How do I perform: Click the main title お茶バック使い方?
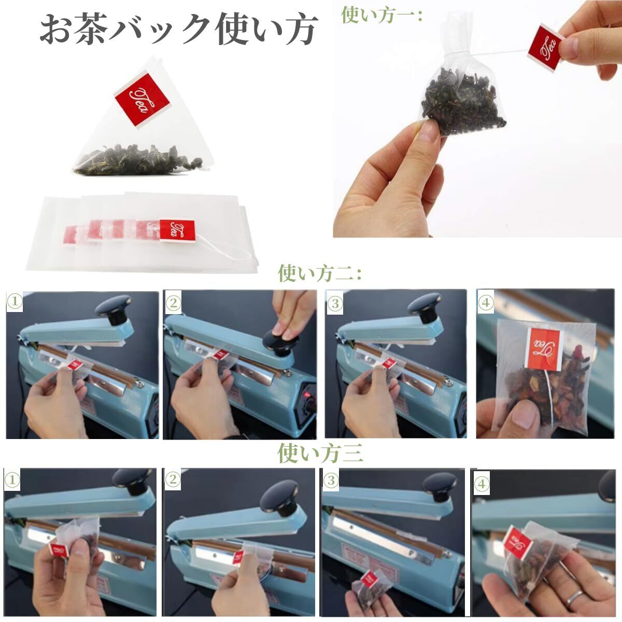[178, 30]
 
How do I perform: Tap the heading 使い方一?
[382, 15]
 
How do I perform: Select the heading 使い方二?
[320, 273]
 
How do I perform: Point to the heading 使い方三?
[320, 453]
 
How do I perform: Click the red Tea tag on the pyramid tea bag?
[142, 100]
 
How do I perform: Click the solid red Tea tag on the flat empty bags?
[177, 230]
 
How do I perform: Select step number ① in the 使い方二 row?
[15, 302]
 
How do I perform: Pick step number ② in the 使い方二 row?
[174, 303]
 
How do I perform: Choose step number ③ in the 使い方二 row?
[335, 303]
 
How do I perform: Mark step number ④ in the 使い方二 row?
[486, 303]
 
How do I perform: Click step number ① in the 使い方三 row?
[12, 480]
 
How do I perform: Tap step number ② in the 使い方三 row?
[173, 479]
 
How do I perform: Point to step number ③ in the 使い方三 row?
[331, 480]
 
